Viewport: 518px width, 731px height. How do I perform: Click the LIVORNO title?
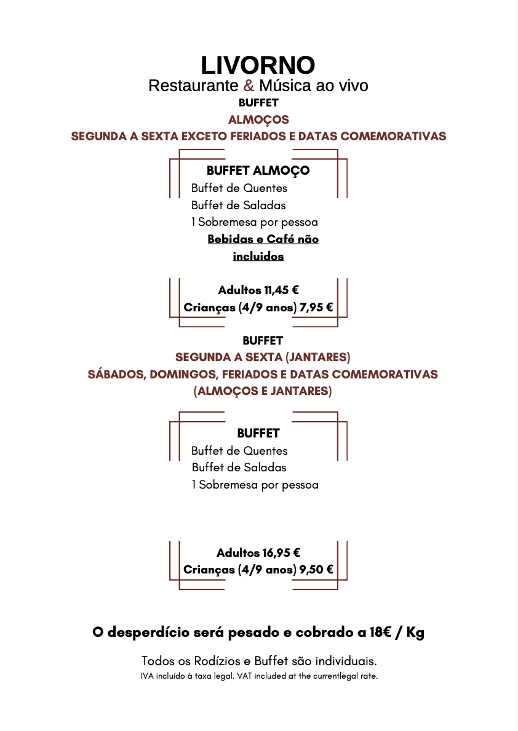(258, 65)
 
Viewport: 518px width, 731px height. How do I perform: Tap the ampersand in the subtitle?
(249, 86)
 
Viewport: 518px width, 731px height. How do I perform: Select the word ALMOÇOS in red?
(258, 119)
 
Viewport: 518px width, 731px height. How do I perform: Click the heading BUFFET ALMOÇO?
(258, 170)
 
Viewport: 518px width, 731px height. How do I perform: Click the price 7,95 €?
(316, 307)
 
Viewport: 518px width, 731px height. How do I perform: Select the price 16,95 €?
(282, 553)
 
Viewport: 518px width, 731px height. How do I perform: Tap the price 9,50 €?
(316, 570)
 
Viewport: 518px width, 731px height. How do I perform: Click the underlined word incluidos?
(258, 257)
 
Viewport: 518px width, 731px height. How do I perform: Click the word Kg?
(415, 633)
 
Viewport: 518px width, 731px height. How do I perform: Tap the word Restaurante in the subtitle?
(193, 86)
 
